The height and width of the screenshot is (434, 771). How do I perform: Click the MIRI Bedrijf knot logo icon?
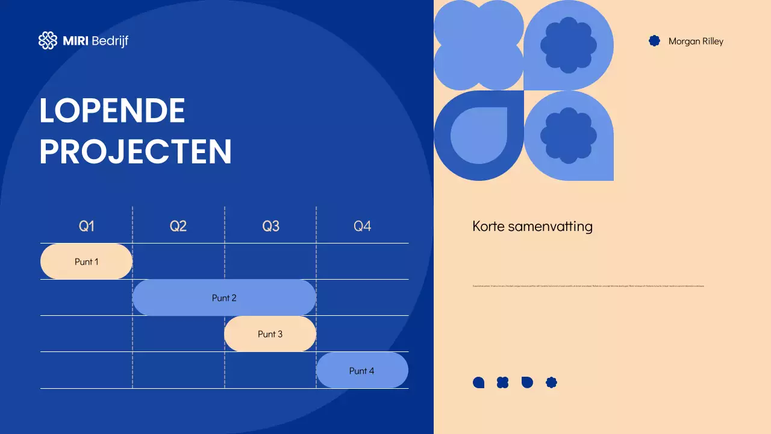pyautogui.click(x=48, y=40)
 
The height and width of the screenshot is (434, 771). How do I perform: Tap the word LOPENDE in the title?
pyautogui.click(x=112, y=110)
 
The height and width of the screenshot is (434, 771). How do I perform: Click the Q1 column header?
pyautogui.click(x=87, y=226)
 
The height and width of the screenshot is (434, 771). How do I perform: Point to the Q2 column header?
pyautogui.click(x=178, y=226)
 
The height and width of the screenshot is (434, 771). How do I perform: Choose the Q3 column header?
pyautogui.click(x=270, y=226)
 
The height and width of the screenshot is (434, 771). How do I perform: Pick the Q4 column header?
pyautogui.click(x=362, y=226)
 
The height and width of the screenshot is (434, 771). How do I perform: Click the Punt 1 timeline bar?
pyautogui.click(x=86, y=262)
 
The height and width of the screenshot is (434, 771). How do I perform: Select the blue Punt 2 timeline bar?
pyautogui.click(x=224, y=298)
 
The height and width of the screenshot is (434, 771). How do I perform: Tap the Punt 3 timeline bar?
pyautogui.click(x=270, y=334)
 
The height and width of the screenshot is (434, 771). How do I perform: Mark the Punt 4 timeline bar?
pyautogui.click(x=362, y=370)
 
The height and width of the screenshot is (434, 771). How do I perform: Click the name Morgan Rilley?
pyautogui.click(x=696, y=42)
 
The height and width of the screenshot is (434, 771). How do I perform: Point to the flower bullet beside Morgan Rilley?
pyautogui.click(x=654, y=41)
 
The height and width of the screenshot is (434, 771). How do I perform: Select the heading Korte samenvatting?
pyautogui.click(x=532, y=227)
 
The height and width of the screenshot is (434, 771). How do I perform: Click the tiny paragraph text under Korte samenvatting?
pyautogui.click(x=588, y=286)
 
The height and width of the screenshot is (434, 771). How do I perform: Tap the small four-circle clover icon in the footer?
pyautogui.click(x=503, y=382)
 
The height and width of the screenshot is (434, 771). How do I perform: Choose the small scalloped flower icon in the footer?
pyautogui.click(x=551, y=382)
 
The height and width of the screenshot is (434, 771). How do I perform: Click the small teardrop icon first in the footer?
pyautogui.click(x=479, y=382)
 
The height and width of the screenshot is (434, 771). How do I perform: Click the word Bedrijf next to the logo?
pyautogui.click(x=110, y=41)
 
